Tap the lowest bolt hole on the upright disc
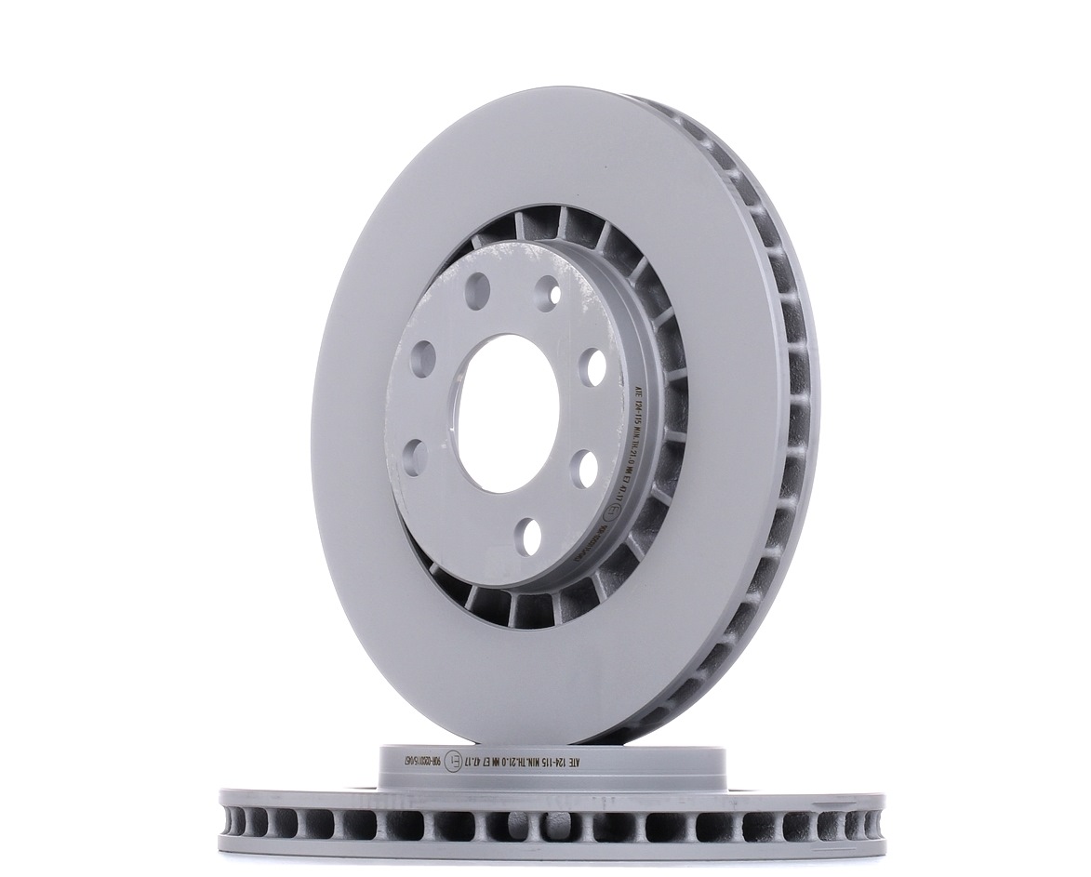coord(528,537)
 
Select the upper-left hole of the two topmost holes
coord(477,291)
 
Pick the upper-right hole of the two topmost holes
coord(550,292)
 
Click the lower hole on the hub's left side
coord(415,458)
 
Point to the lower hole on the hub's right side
coord(584,468)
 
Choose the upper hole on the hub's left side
coord(423,358)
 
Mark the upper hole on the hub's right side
coord(592,366)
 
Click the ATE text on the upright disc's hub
coord(636,387)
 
